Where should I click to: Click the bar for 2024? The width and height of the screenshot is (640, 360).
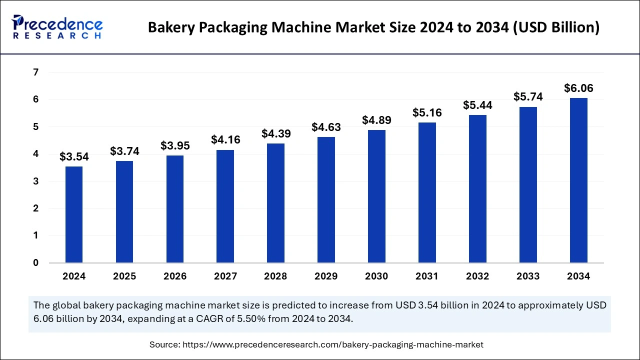pos(74,214)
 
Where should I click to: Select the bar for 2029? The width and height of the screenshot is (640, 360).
pos(326,199)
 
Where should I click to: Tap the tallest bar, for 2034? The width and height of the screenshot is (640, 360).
pos(578,180)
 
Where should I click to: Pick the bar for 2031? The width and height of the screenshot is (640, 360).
pos(427,192)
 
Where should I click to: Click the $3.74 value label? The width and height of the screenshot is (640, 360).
pos(124,151)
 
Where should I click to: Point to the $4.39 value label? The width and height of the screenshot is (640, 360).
pos(276,133)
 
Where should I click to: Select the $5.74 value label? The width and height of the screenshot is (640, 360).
pos(528,97)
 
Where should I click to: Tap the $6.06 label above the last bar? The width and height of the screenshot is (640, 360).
pos(578,88)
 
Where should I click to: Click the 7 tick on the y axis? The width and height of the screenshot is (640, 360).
pos(35,73)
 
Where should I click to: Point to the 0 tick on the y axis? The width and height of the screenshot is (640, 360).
pos(35,263)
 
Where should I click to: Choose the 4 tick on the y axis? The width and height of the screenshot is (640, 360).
pos(35,154)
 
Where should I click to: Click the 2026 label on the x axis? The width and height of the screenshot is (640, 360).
pos(175,276)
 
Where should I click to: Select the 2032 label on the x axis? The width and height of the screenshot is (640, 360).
pos(477,276)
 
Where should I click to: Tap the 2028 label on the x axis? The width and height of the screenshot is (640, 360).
pos(276,276)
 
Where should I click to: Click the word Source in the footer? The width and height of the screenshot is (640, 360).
pos(164,344)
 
